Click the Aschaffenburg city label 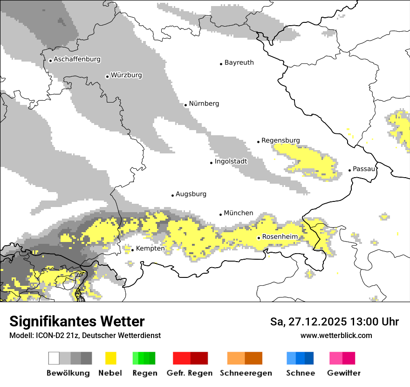(x=77, y=59)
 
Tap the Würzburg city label (x=126, y=75)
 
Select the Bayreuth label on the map (x=239, y=62)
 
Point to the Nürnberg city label (x=204, y=104)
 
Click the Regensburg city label (x=280, y=140)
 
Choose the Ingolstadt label (x=231, y=161)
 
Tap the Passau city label (x=364, y=169)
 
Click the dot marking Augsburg (x=172, y=195)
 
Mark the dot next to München (x=221, y=214)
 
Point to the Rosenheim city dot (x=259, y=238)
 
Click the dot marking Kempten (x=132, y=250)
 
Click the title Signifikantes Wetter (x=77, y=322)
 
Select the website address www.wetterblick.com (x=336, y=336)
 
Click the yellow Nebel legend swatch (x=110, y=358)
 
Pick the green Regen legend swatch (x=144, y=358)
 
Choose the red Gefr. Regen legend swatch (x=190, y=358)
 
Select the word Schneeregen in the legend (x=246, y=373)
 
